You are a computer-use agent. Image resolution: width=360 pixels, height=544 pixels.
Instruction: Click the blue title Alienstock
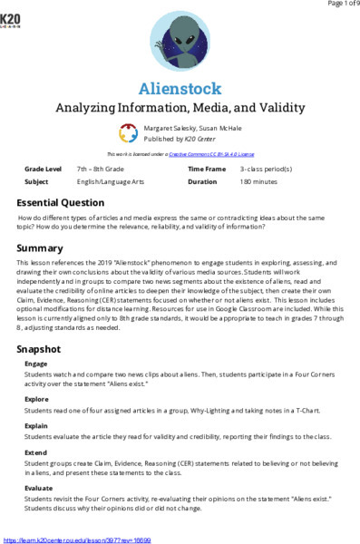tap(180, 88)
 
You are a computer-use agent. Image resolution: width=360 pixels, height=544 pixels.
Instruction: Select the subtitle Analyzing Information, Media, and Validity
tap(180, 108)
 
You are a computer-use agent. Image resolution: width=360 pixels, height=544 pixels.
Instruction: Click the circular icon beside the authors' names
tap(129, 133)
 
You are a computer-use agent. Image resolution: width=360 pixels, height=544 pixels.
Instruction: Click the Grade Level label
tap(43, 170)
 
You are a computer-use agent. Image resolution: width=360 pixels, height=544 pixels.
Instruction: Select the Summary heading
tap(40, 248)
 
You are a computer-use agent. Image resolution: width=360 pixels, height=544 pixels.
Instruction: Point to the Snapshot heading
tap(42, 324)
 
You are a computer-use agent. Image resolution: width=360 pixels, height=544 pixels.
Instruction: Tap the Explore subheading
tap(37, 372)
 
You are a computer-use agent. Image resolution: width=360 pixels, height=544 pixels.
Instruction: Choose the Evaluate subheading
tap(39, 488)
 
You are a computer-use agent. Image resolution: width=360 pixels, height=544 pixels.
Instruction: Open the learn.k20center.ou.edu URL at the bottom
tap(76, 539)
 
